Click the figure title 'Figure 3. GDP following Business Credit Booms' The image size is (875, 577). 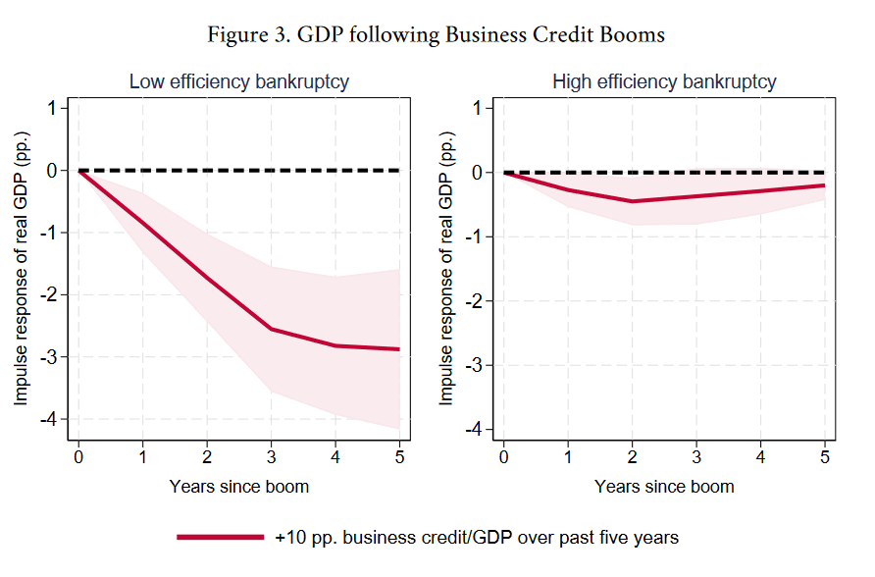point(437,35)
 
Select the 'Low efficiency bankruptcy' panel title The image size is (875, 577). point(239,82)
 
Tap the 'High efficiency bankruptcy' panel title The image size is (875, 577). point(664,82)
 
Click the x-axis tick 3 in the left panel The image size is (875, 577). point(271,458)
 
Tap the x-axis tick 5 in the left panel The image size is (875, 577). point(399,458)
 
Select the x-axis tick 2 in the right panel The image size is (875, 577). point(632,458)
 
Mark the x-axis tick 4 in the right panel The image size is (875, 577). point(760,458)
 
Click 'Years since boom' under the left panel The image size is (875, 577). point(238,486)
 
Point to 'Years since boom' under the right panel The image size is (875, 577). point(664,486)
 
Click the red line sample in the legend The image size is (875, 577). point(221,538)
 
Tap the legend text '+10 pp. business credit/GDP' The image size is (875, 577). point(477,538)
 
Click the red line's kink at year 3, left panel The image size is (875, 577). point(271,329)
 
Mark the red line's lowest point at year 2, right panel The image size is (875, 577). point(632,201)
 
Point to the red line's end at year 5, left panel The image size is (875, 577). point(399,349)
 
